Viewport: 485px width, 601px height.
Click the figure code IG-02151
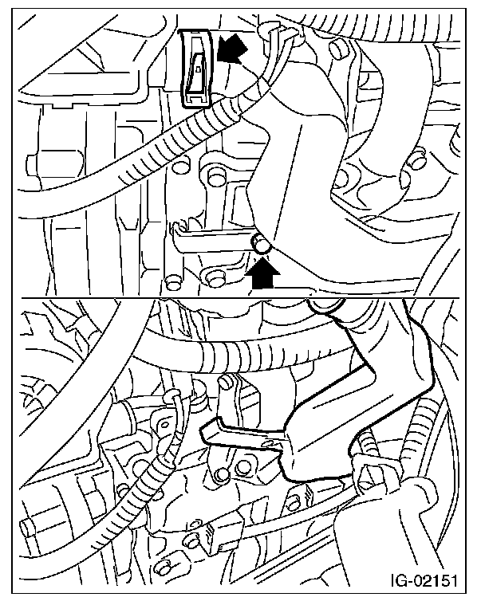click(424, 580)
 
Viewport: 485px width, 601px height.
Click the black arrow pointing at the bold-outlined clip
click(231, 49)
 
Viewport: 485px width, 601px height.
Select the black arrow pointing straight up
click(262, 273)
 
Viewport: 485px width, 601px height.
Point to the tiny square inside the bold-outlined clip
click(198, 69)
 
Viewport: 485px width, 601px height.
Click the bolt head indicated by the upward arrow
click(260, 245)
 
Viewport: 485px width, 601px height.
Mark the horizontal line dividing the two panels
click(240, 298)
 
